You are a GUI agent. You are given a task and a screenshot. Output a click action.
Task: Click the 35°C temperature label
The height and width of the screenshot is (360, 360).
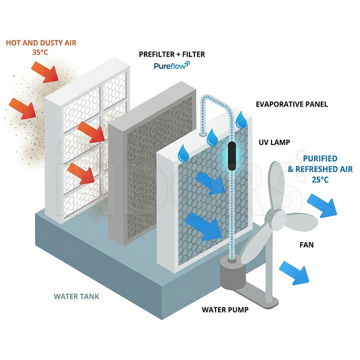coord(40,52)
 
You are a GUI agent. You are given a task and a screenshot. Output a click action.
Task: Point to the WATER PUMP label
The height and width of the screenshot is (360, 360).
coord(225,310)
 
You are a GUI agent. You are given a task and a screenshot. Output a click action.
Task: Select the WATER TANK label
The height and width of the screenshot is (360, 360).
coord(76,297)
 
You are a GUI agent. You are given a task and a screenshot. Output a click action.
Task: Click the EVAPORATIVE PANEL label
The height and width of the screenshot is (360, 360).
coord(292,104)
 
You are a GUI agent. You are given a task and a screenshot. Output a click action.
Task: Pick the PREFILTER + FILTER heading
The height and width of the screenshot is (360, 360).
coord(172,54)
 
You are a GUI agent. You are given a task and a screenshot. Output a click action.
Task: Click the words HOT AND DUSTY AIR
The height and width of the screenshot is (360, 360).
coord(41,43)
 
